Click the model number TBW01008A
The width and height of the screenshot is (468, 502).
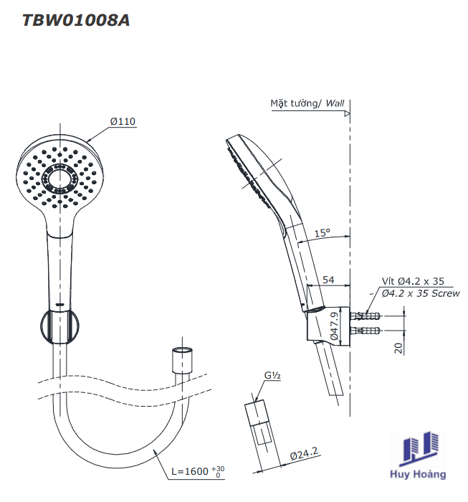76,20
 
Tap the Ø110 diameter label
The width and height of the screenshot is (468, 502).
123,121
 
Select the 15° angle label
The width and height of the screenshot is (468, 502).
322,233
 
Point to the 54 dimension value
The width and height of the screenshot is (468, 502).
328,280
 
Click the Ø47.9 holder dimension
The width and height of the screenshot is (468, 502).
334,326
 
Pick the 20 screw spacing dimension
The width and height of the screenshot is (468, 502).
398,348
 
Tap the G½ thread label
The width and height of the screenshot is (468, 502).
272,375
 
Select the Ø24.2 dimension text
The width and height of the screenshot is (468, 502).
304,453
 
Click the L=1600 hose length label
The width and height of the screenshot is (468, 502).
198,471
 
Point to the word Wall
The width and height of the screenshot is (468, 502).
335,103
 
